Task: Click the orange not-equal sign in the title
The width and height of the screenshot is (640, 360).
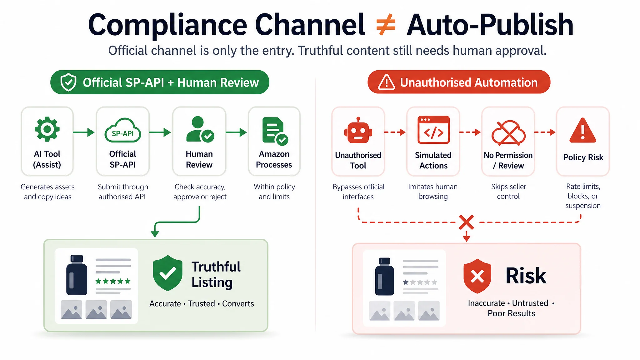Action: click(386, 25)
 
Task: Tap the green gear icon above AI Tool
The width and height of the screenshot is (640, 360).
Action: click(47, 129)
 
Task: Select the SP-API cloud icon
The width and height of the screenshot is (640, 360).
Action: click(122, 131)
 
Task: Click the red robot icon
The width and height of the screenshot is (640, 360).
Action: click(358, 131)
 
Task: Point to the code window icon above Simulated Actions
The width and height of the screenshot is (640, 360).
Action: click(433, 130)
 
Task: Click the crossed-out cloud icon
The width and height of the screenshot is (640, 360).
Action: click(508, 133)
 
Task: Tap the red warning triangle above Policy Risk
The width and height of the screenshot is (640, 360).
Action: click(583, 131)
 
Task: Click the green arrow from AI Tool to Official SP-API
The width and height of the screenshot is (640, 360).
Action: click(84, 132)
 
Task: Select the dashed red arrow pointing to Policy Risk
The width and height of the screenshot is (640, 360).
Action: click(545, 132)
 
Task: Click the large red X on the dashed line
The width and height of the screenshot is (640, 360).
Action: click(467, 222)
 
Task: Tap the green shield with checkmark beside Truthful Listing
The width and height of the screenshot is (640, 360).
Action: click(167, 273)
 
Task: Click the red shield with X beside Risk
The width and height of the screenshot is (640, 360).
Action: click(477, 276)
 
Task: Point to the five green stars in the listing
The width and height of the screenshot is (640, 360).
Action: click(113, 281)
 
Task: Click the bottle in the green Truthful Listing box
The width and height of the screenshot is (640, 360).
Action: click(77, 275)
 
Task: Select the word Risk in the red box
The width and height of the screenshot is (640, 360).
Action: click(526, 276)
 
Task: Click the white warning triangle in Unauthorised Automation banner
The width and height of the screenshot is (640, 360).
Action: click(387, 82)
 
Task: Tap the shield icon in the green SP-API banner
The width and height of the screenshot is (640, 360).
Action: click(68, 82)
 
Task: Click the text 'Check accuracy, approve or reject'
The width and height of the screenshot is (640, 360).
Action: click(200, 192)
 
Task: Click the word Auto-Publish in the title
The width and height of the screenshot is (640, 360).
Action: click(490, 25)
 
